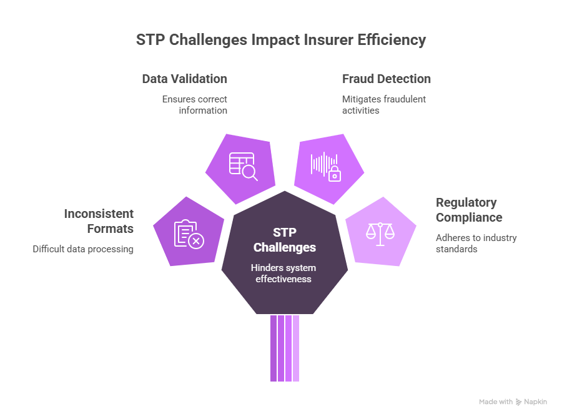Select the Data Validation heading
click(184, 79)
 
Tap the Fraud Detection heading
click(386, 79)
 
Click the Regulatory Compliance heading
click(468, 210)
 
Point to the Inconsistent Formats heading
click(99, 221)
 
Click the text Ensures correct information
click(194, 105)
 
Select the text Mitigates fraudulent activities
click(375, 105)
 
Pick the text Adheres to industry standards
click(476, 244)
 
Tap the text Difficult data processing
click(84, 249)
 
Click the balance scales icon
click(380, 232)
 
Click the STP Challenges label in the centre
click(284, 239)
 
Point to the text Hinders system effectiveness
click(284, 274)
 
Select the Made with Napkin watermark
click(513, 402)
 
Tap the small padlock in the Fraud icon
click(335, 174)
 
